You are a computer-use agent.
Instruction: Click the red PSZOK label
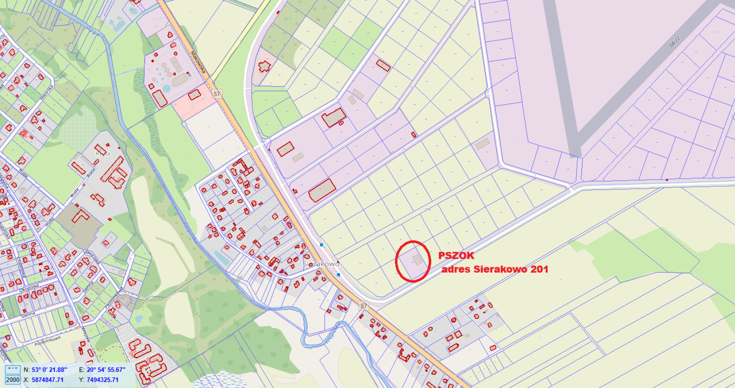[456, 256]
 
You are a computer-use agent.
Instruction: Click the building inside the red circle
[417, 259]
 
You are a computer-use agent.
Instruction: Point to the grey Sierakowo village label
[321, 264]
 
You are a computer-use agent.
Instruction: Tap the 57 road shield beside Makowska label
[217, 94]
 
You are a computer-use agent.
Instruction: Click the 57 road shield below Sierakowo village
[364, 306]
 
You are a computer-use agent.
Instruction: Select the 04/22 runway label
[674, 42]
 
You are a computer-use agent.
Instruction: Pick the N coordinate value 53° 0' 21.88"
[49, 370]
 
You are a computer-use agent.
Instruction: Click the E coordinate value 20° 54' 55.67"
[106, 370]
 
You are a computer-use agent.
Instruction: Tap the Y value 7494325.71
[102, 380]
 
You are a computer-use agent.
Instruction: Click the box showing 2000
[12, 380]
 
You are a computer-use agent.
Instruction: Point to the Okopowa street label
[29, 288]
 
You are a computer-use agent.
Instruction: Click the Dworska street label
[46, 92]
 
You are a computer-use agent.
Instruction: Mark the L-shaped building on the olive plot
[81, 216]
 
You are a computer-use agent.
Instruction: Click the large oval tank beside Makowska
[180, 80]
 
